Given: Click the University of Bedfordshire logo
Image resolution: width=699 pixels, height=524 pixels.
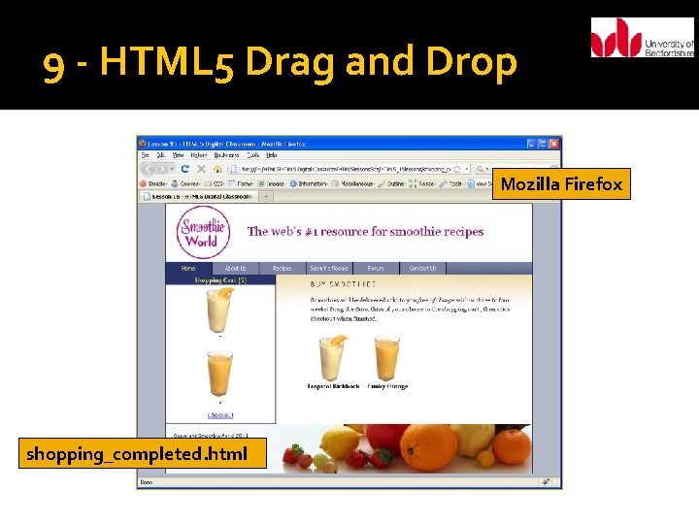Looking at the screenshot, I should [x=642, y=39].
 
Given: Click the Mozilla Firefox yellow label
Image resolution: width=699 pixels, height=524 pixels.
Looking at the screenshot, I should [x=561, y=183].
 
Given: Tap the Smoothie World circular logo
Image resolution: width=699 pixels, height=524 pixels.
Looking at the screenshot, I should [x=203, y=232].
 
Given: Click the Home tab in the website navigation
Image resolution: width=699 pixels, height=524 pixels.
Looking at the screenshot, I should [x=188, y=268].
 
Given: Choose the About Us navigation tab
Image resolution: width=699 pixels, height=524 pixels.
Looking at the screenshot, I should [x=235, y=268].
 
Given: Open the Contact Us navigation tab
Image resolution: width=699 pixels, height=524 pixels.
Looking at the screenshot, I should [x=422, y=268].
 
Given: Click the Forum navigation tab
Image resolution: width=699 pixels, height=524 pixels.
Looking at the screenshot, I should [x=376, y=268].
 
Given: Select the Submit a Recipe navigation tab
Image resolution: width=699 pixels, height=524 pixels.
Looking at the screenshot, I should [x=328, y=268].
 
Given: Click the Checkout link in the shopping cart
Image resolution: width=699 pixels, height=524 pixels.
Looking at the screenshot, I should [x=219, y=414].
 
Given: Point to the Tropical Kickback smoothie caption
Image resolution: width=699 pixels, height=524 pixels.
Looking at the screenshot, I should [x=333, y=386].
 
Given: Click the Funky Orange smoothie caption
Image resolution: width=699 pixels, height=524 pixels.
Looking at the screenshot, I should [x=387, y=386].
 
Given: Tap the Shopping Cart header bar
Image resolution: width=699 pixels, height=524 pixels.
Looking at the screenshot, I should [x=220, y=279].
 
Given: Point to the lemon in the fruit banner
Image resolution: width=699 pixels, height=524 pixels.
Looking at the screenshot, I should [x=340, y=445].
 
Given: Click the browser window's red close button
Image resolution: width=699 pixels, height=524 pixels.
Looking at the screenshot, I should [x=553, y=143].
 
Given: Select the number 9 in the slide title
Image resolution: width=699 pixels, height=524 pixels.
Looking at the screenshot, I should [x=55, y=65].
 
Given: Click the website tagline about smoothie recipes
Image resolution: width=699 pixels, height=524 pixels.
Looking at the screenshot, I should [x=365, y=231].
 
